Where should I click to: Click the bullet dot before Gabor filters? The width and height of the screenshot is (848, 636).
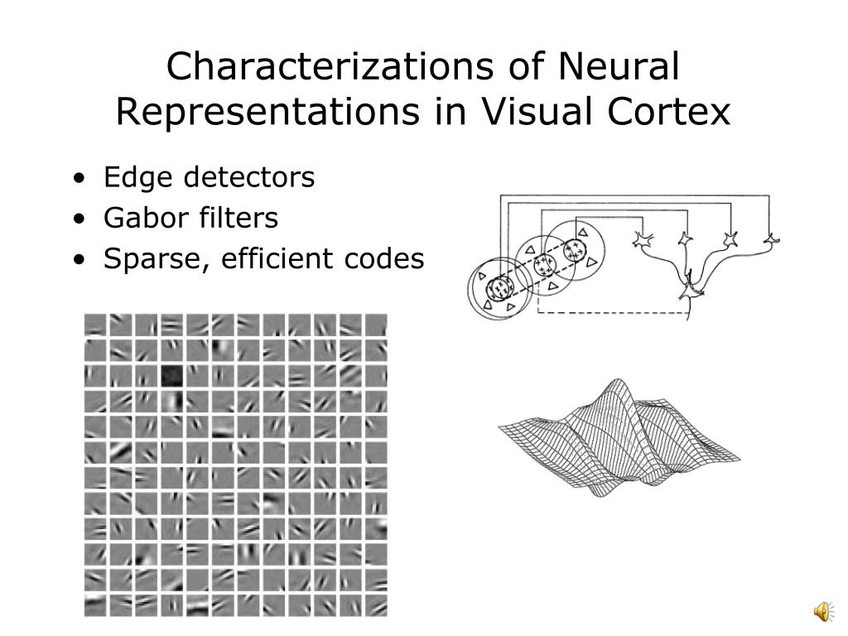(78, 219)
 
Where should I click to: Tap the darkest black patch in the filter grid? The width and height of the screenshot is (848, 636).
(171, 375)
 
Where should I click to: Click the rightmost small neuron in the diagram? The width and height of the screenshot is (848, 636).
(770, 239)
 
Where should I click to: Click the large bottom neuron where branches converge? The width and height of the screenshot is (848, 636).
(688, 289)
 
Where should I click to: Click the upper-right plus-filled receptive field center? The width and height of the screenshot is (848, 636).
(574, 248)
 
